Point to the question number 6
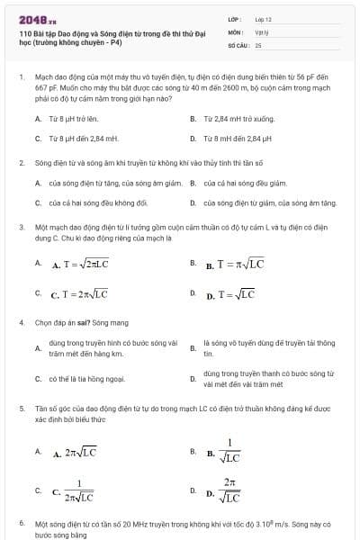click(x=22, y=523)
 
